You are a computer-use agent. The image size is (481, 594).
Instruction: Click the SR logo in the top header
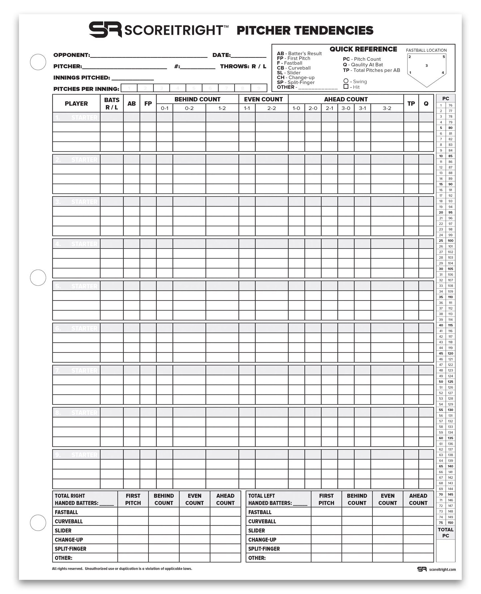click(x=105, y=29)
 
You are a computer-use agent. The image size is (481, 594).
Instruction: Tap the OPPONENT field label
click(x=71, y=55)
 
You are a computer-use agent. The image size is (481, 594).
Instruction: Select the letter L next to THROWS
click(x=264, y=66)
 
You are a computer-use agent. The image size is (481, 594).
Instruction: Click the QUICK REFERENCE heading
click(x=363, y=49)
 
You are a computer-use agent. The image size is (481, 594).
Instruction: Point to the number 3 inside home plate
click(x=426, y=66)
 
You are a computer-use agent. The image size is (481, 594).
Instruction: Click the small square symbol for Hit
click(x=346, y=87)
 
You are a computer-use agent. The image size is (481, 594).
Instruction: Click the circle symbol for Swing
click(x=346, y=81)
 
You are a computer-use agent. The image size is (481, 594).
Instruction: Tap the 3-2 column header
click(x=387, y=108)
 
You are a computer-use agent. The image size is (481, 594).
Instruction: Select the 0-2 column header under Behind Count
click(x=189, y=108)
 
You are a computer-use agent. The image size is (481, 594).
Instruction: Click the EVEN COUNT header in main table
click(x=263, y=99)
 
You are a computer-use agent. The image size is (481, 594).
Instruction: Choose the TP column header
click(x=411, y=104)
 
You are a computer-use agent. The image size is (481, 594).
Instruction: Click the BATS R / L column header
click(x=112, y=104)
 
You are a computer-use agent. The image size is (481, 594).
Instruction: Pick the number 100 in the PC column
click(x=450, y=241)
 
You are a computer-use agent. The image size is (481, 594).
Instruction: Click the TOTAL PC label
click(x=446, y=533)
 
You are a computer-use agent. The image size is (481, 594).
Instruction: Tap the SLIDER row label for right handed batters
click(x=63, y=531)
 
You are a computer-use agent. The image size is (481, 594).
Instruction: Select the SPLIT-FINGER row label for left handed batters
click(x=264, y=549)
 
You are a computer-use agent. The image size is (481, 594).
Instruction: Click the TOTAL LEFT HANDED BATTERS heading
click(x=277, y=499)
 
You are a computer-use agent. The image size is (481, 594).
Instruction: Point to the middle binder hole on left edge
click(x=38, y=277)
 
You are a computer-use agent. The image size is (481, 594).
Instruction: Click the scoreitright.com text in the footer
click(x=442, y=570)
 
